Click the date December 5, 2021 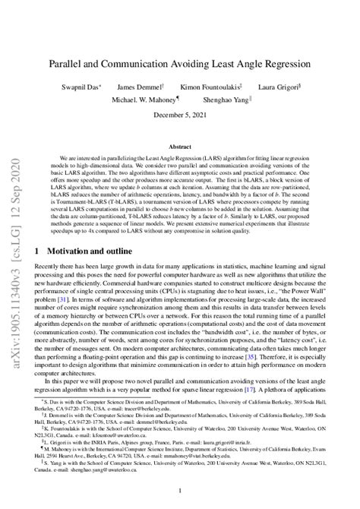pyautogui.click(x=179, y=115)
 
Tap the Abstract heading pyautogui.click(x=179, y=145)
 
